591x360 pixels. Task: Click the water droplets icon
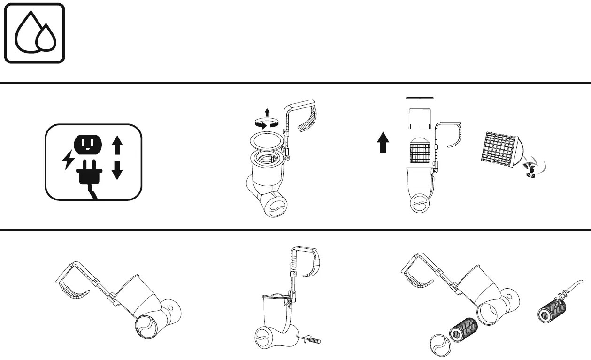click(35, 33)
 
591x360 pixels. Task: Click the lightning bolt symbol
click(67, 161)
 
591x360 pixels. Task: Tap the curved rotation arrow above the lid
click(267, 123)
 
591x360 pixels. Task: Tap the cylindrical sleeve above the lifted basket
click(421, 119)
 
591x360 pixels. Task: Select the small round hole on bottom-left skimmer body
click(171, 311)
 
